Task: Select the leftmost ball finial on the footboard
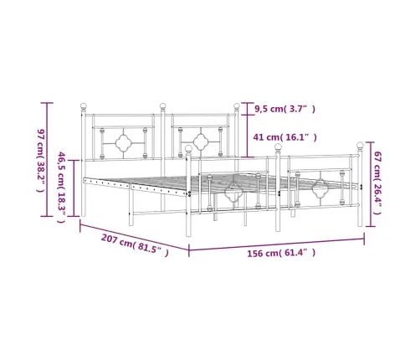(x=189, y=148)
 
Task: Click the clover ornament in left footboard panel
(x=232, y=196)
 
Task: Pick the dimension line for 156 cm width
(x=276, y=243)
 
